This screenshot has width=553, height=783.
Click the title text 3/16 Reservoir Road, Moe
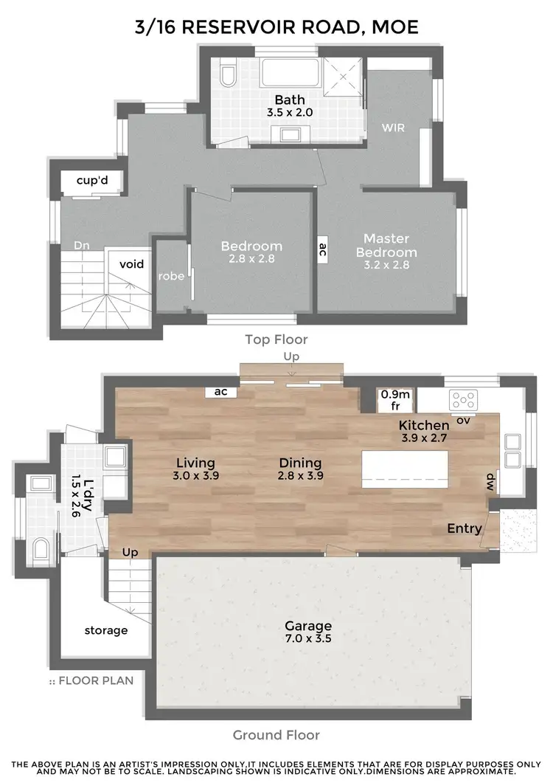point(276,27)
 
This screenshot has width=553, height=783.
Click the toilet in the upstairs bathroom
point(228,75)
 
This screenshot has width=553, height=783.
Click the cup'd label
point(93,181)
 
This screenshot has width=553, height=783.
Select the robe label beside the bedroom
point(171,277)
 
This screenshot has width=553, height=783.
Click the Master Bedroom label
point(386,246)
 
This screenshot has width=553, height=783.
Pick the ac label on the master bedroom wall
point(322,249)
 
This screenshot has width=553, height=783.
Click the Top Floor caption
point(276,339)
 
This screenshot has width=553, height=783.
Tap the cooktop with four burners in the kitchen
point(464,399)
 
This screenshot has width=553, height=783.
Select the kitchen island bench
point(405,469)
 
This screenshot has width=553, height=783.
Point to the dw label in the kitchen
point(490,482)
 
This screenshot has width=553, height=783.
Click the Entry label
point(465,528)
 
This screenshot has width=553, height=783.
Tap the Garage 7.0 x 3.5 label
point(308,632)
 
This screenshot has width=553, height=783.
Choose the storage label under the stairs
point(105,630)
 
